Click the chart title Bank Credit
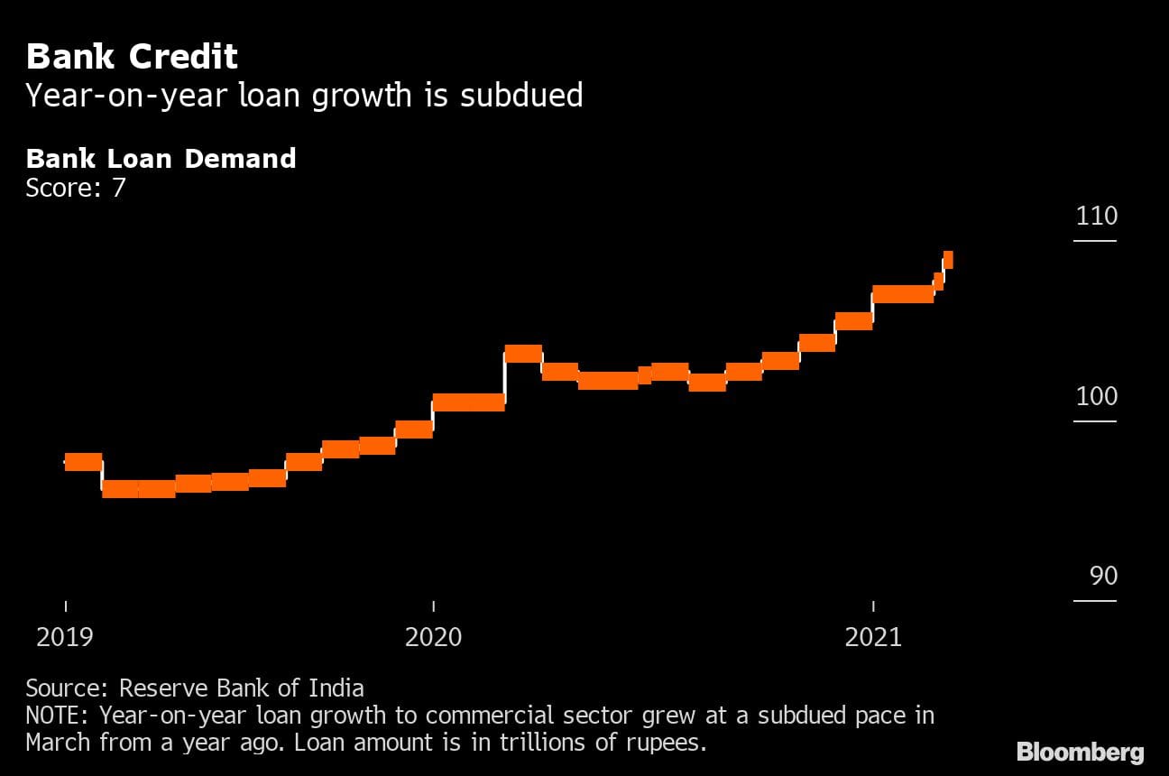pos(132,57)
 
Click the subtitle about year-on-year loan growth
pos(304,95)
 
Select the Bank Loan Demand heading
pos(161,159)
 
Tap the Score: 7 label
pos(75,188)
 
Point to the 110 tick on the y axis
pos(1096,216)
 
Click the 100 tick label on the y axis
pos(1096,396)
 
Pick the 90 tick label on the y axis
pos(1103,576)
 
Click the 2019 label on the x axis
pos(64,638)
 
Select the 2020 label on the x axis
pos(433,638)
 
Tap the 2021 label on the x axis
pos(873,638)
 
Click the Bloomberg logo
pos(1080,752)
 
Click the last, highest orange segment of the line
pos(948,260)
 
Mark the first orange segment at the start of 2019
pos(83,461)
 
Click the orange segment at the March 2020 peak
pos(523,353)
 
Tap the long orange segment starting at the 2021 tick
pos(902,293)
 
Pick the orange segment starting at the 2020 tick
pos(468,402)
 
